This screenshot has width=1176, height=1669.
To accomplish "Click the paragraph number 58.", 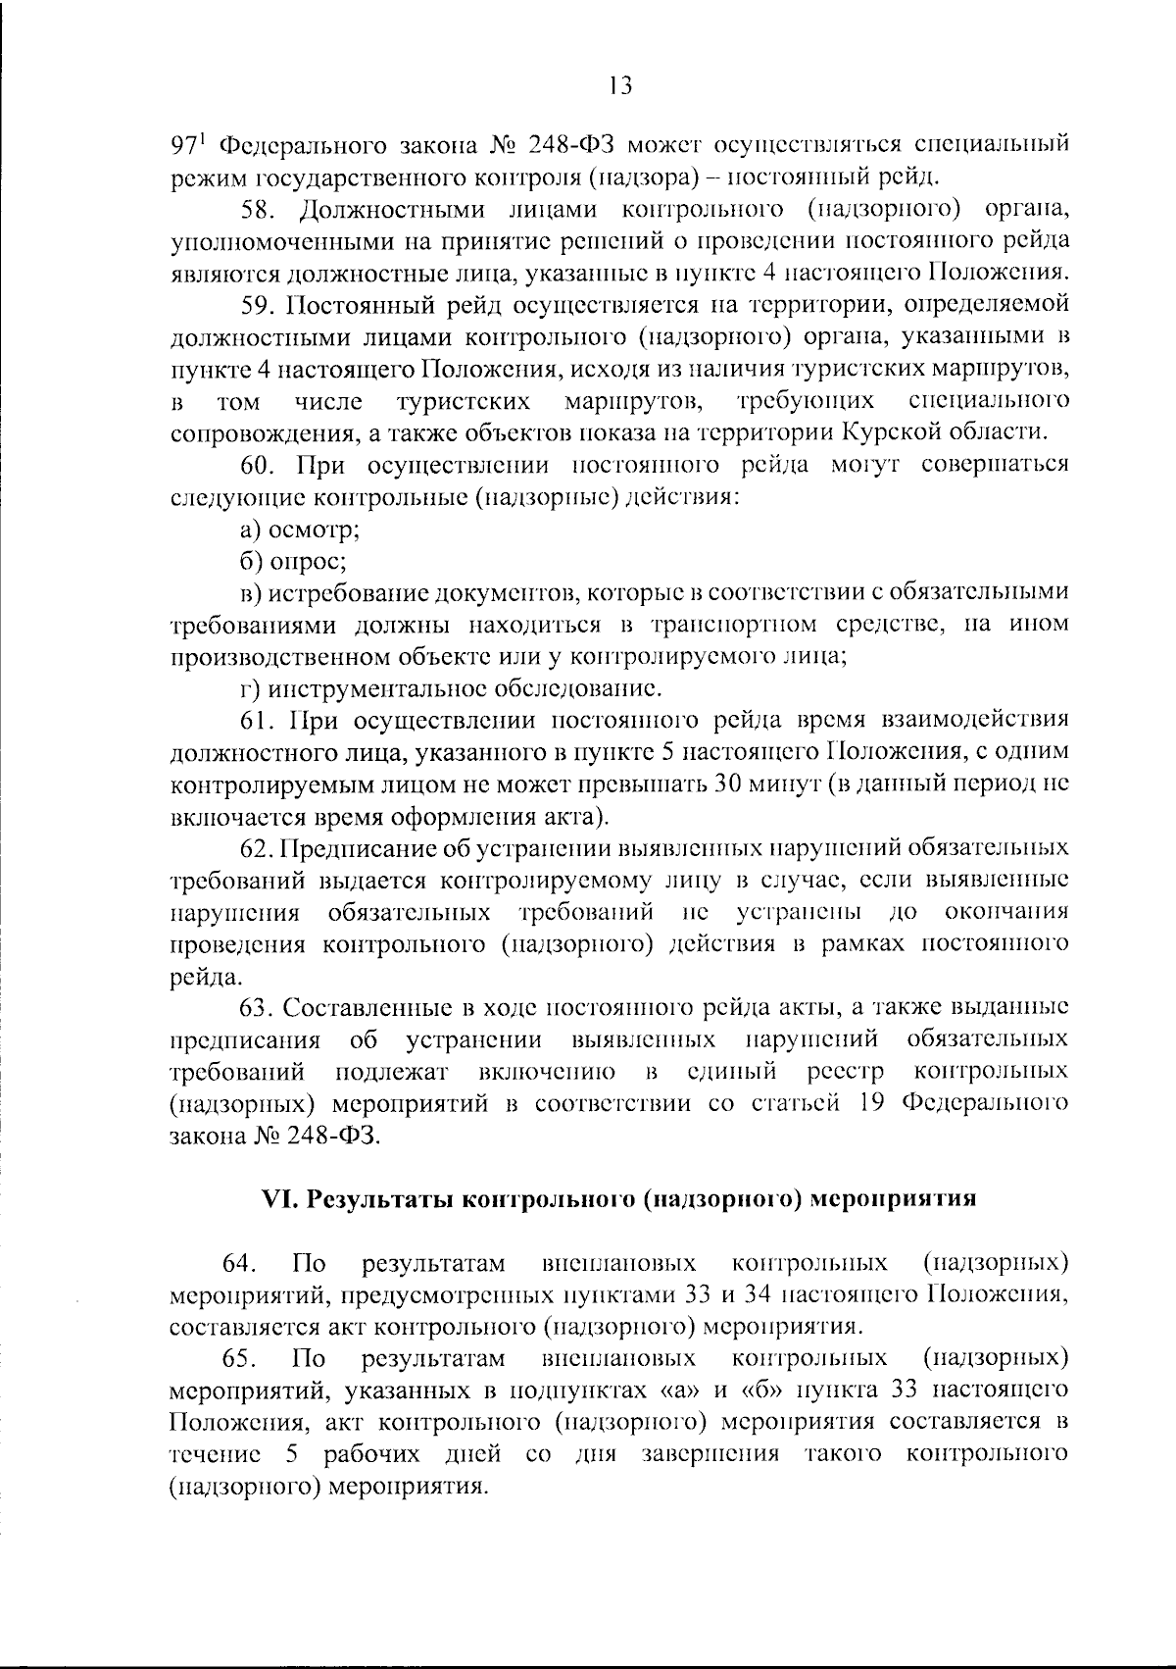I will pos(260,209).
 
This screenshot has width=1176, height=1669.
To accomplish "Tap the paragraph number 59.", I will pos(260,305).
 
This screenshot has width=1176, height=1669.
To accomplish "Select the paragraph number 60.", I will pos(260,465).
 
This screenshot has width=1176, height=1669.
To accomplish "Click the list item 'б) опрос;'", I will pos(294,562).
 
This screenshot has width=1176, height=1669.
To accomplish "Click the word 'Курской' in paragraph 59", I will pos(890,432).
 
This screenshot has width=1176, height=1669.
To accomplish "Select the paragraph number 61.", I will pos(260,721).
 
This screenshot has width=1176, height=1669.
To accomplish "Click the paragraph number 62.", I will pos(260,848).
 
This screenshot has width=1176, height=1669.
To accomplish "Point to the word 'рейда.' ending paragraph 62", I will pos(204,978).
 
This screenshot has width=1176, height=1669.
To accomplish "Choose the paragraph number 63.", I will pos(260,1008).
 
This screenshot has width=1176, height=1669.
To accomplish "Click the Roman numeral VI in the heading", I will pos(278,1198).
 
